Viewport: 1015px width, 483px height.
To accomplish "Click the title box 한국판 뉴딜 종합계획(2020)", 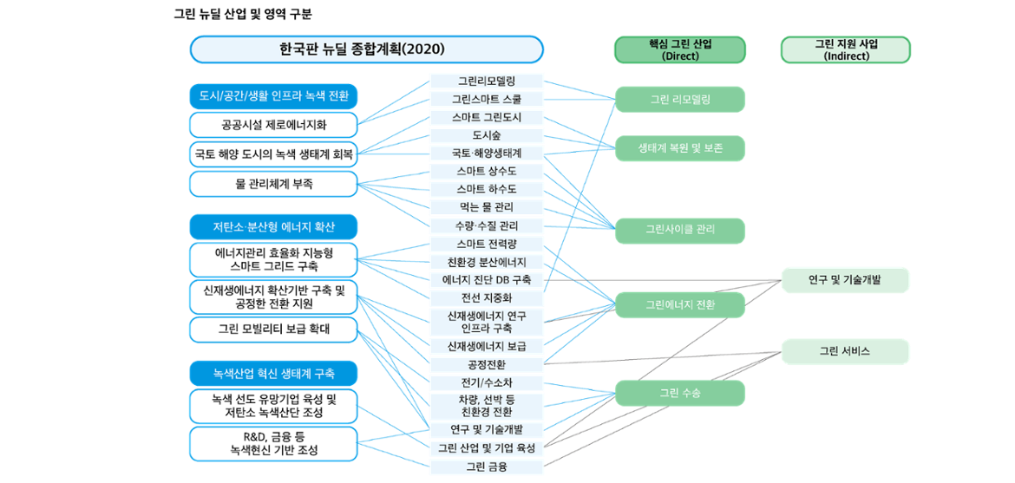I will click(366, 49).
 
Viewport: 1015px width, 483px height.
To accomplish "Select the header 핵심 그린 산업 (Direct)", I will click(680, 50).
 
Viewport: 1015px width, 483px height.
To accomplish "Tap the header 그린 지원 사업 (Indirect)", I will click(846, 50).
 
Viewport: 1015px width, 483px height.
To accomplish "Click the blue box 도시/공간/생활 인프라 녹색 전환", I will click(273, 95).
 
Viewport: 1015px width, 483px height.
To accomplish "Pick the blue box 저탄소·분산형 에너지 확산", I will click(273, 228).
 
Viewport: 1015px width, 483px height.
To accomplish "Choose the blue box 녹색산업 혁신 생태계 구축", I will click(273, 374).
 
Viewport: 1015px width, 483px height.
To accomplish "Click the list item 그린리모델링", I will click(487, 81).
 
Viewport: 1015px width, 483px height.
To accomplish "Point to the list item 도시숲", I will click(487, 135).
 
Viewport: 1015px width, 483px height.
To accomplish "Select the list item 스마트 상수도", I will click(487, 171).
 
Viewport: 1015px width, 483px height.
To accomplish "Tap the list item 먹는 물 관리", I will click(487, 207).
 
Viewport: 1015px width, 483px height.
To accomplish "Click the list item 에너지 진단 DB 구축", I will click(487, 279).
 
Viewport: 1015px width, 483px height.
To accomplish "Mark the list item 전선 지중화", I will click(487, 297).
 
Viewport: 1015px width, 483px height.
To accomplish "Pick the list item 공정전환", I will click(487, 364).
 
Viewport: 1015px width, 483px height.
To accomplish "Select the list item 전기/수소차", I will click(487, 382).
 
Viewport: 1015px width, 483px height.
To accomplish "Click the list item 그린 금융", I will click(487, 467).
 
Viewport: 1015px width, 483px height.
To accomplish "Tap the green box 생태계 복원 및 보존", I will click(680, 148).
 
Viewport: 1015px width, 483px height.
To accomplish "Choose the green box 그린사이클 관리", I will click(680, 230).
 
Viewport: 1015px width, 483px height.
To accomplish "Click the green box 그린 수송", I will click(680, 393).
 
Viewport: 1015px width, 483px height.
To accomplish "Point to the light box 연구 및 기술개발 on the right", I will click(846, 280).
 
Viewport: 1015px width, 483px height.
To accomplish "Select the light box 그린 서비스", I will click(846, 351).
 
